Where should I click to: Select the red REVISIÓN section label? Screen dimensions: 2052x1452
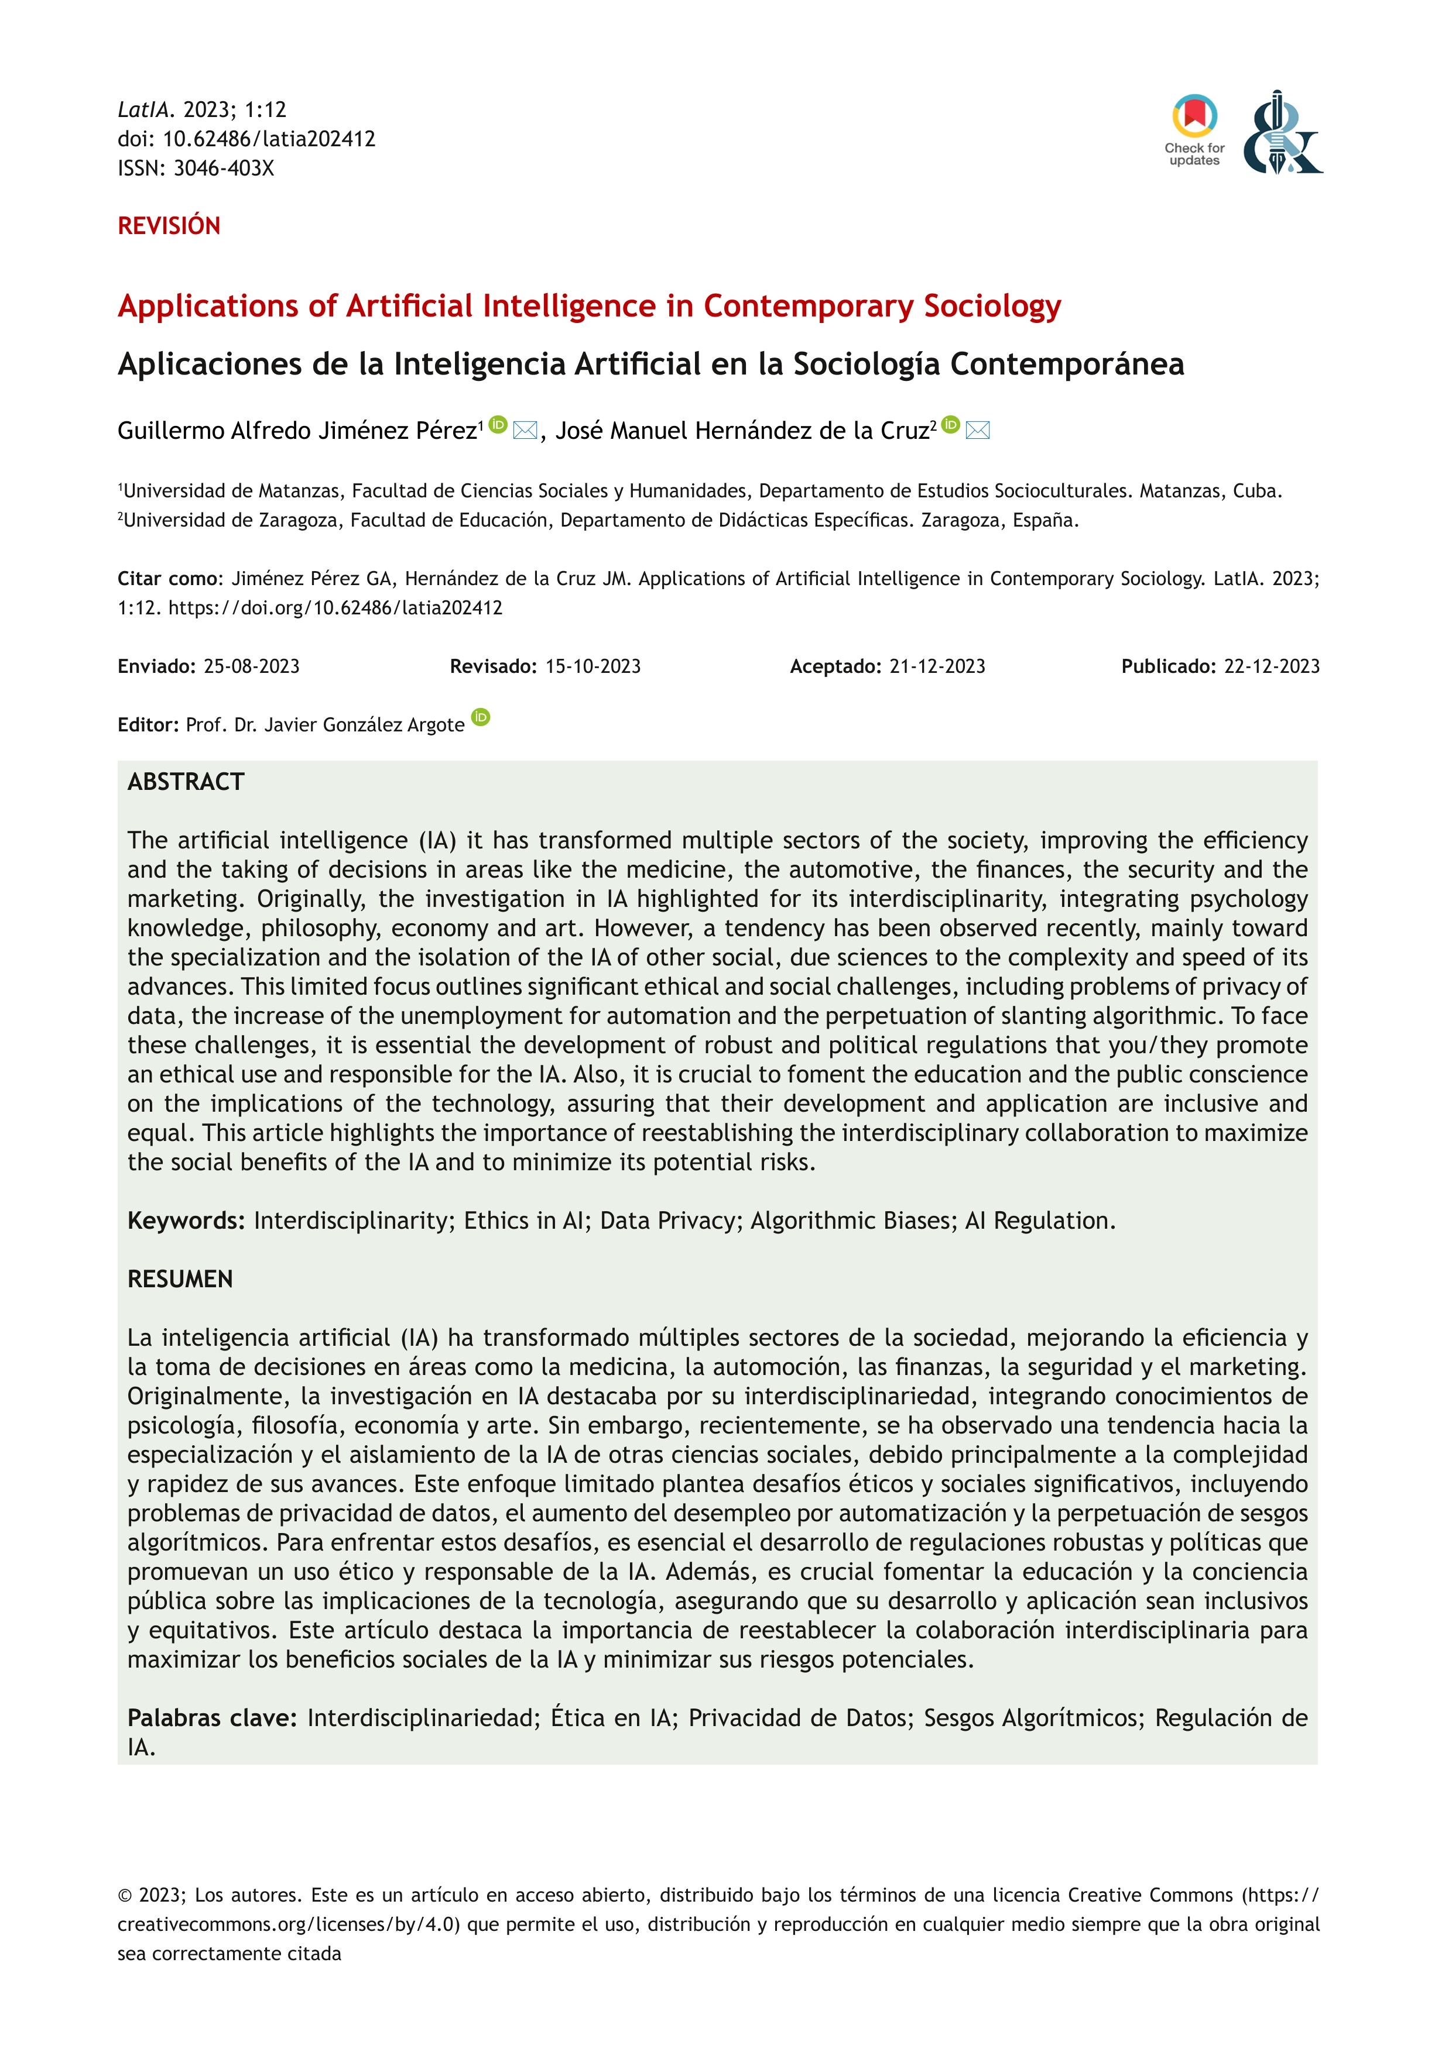coord(169,226)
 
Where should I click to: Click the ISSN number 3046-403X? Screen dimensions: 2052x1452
coord(224,168)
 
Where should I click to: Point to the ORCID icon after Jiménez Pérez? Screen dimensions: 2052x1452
coord(499,425)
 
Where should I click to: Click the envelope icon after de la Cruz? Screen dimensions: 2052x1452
coord(978,430)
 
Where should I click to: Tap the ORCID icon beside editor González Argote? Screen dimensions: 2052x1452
coord(481,717)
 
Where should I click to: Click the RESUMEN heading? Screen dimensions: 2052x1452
coord(180,1279)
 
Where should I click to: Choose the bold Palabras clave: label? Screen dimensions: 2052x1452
coord(212,1718)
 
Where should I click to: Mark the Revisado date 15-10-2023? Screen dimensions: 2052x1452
coord(593,666)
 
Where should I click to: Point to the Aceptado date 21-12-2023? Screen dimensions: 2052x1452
coord(937,666)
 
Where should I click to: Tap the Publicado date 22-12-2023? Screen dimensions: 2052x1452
coord(1272,666)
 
